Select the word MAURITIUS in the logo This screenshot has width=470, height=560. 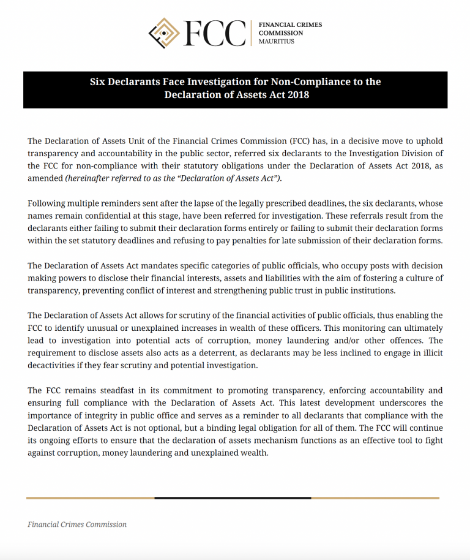(x=277, y=42)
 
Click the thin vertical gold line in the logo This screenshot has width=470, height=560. (x=251, y=33)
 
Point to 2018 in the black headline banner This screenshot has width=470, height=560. (x=296, y=94)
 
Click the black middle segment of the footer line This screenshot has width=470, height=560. (x=233, y=498)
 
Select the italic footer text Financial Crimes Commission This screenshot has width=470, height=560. (x=77, y=524)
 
